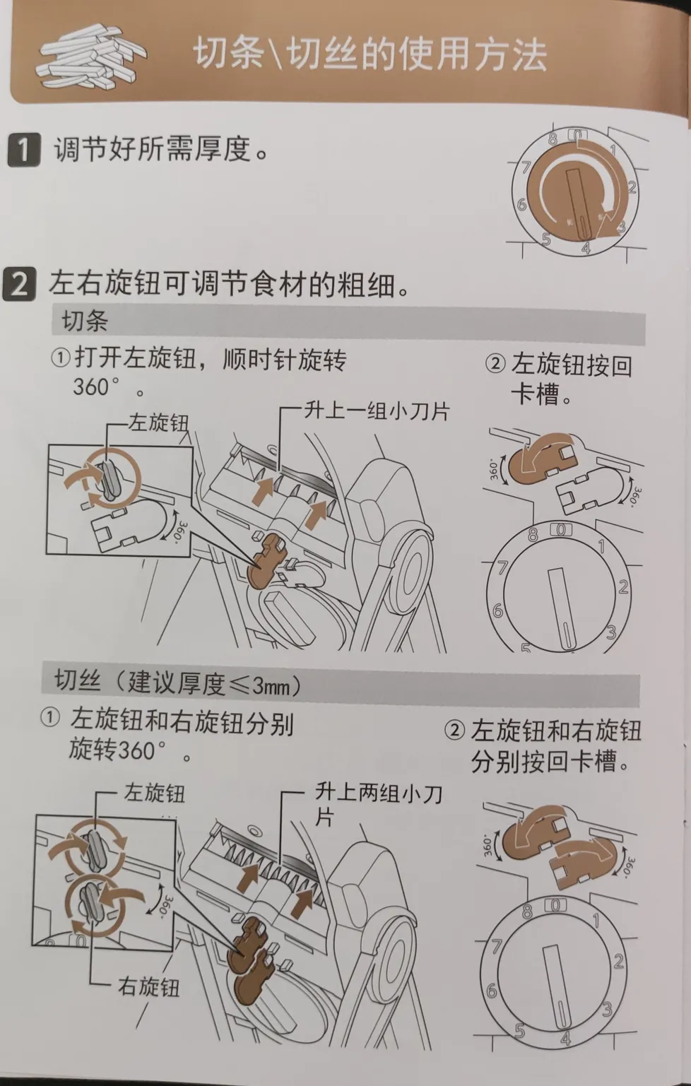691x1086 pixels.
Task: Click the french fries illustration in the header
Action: pos(92,57)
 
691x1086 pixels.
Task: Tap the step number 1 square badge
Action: pos(23,150)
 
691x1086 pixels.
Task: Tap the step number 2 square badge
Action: pos(19,284)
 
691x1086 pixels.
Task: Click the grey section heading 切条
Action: pos(85,321)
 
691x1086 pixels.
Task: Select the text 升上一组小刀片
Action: pos(377,411)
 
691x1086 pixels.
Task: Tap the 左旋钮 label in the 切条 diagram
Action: pos(158,423)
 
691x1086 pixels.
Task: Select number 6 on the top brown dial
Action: pos(521,204)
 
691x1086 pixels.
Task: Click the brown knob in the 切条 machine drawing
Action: pos(266,560)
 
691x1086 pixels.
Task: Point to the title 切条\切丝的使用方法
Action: pos(370,55)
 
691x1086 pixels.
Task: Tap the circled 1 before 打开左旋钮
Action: pos(61,360)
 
